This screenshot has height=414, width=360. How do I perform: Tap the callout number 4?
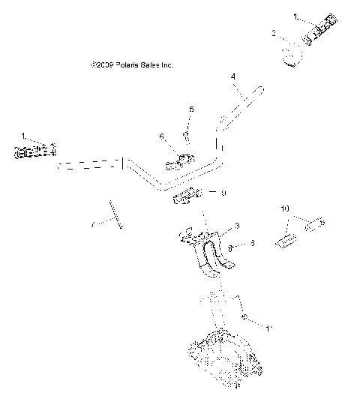pos(232,76)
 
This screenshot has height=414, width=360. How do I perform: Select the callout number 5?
pos(190,109)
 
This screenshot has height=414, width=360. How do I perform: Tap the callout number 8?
pos(253,243)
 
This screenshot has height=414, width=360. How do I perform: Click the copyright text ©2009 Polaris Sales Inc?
pos(130,66)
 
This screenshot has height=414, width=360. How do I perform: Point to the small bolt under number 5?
pos(184,135)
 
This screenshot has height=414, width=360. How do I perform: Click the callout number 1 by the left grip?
pos(23,136)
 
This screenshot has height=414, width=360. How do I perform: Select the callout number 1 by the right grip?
pos(274,15)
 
